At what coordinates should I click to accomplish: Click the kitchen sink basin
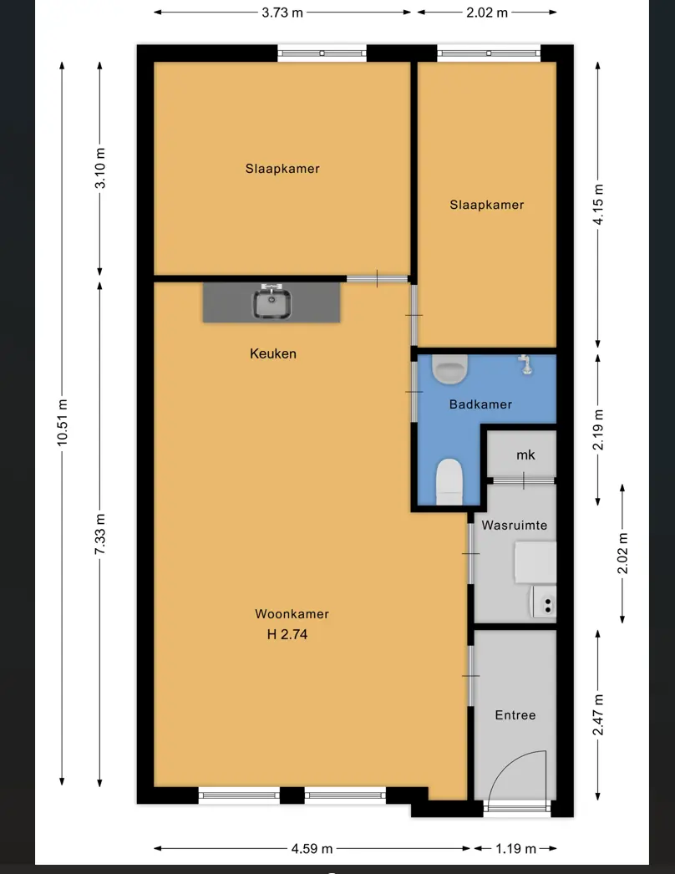(272, 303)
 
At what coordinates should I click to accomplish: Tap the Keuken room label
(273, 353)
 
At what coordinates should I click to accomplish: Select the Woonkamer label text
(292, 613)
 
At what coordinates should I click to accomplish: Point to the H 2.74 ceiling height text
(287, 634)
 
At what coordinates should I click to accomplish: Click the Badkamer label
(480, 404)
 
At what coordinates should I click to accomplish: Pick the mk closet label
(525, 455)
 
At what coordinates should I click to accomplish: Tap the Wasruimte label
(515, 525)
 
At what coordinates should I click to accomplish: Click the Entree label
(515, 715)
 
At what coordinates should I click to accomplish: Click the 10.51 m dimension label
(62, 423)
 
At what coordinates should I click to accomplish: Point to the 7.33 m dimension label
(99, 534)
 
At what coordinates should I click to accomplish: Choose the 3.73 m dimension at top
(282, 13)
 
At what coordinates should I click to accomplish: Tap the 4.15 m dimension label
(597, 205)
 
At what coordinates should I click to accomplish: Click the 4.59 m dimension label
(312, 848)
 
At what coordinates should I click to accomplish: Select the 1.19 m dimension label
(516, 848)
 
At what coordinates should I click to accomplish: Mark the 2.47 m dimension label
(597, 715)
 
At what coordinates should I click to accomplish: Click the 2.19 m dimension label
(597, 429)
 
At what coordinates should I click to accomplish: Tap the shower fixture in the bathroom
(525, 364)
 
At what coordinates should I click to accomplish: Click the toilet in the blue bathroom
(449, 481)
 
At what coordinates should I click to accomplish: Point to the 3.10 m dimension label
(99, 168)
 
